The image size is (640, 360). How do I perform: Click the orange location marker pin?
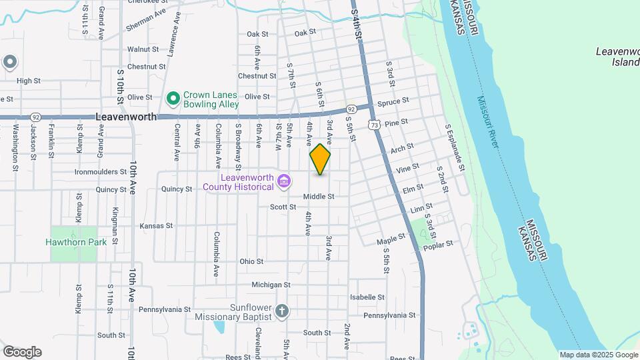(320, 159)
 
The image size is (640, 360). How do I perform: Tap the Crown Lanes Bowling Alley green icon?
(173, 99)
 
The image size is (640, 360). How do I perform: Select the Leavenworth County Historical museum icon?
(284, 181)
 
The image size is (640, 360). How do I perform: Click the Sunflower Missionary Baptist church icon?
(282, 311)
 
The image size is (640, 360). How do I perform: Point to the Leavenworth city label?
(126, 116)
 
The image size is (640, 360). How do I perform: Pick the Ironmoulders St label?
(101, 172)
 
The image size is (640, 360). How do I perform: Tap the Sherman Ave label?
(145, 21)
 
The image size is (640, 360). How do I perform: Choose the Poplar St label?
(439, 246)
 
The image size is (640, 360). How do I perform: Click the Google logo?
(22, 351)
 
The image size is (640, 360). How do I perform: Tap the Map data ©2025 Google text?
(599, 355)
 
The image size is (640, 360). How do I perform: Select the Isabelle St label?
(368, 297)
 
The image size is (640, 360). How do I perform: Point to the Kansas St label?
(157, 226)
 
